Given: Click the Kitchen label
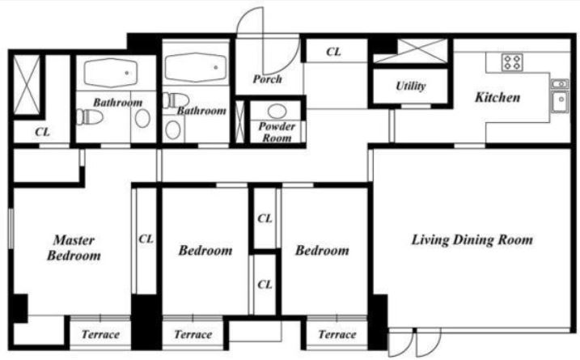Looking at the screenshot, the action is click(497, 97).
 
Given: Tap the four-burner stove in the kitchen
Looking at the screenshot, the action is click(512, 61).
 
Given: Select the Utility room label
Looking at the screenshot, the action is click(411, 87).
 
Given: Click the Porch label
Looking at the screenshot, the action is click(267, 79).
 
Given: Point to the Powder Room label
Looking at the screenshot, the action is click(277, 132).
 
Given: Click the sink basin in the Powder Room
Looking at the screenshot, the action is click(277, 111).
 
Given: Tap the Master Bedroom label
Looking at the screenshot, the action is click(74, 248).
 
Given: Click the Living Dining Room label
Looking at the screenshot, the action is click(472, 239).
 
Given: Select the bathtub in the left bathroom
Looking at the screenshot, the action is click(111, 73).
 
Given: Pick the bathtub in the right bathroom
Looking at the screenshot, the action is click(196, 67).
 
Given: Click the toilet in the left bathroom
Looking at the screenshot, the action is click(90, 117).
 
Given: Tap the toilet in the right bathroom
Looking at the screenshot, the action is click(176, 100).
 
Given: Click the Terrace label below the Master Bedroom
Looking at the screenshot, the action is click(100, 334).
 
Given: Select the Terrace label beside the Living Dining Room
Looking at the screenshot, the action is click(337, 334).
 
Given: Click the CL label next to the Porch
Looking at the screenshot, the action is click(333, 52).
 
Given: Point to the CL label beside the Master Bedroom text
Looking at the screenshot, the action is click(146, 239).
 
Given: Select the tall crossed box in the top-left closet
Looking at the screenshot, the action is click(27, 85).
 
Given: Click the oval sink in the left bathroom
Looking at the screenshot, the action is click(142, 118).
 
